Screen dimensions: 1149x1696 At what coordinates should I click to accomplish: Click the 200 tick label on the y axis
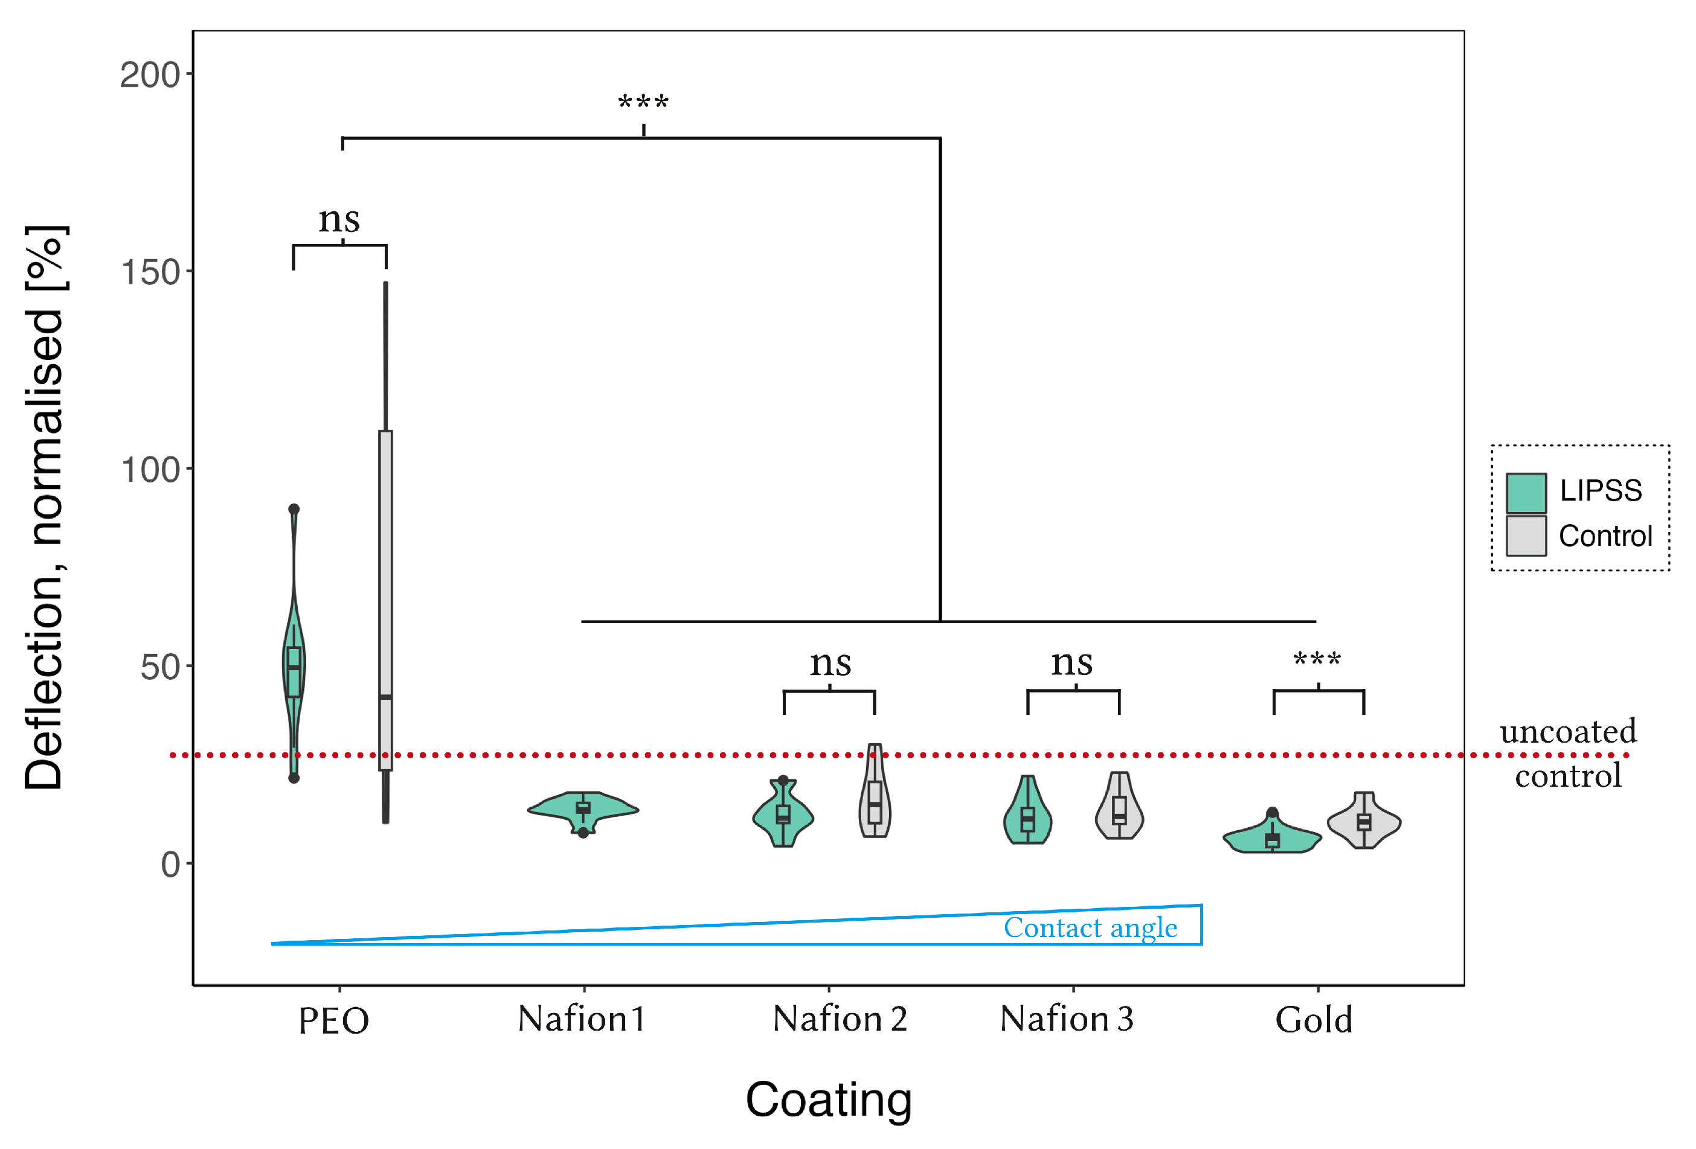point(150,75)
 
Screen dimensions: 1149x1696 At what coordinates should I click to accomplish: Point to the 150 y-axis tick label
point(150,273)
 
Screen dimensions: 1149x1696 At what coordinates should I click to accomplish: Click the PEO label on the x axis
point(333,1020)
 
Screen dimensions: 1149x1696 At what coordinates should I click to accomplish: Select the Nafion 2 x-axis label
point(840,1019)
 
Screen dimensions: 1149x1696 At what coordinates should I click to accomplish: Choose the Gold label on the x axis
point(1314,1019)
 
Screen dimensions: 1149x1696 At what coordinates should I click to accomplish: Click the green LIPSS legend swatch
point(1526,493)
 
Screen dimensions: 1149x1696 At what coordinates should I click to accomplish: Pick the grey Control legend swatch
point(1526,536)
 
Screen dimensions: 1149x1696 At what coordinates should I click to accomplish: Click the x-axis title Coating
point(828,1099)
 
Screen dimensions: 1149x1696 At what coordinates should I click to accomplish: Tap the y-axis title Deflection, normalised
point(45,507)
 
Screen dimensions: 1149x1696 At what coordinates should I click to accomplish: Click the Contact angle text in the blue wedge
point(1090,928)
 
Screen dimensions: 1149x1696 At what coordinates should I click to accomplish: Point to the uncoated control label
point(1567,753)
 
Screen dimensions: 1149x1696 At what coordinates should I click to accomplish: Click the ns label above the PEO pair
point(339,219)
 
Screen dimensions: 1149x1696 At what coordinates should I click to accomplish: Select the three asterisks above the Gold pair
point(1317,660)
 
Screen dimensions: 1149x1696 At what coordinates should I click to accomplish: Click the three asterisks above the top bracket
point(643,103)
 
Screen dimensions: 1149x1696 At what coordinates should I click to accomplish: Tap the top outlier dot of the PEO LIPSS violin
point(294,509)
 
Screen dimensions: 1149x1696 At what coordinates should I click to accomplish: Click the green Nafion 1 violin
point(582,808)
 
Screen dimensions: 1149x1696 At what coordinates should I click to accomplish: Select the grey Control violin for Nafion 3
point(1119,808)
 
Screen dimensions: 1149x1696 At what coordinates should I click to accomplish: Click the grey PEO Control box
point(385,598)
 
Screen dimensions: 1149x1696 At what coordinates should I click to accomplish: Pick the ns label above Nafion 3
point(1071,662)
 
